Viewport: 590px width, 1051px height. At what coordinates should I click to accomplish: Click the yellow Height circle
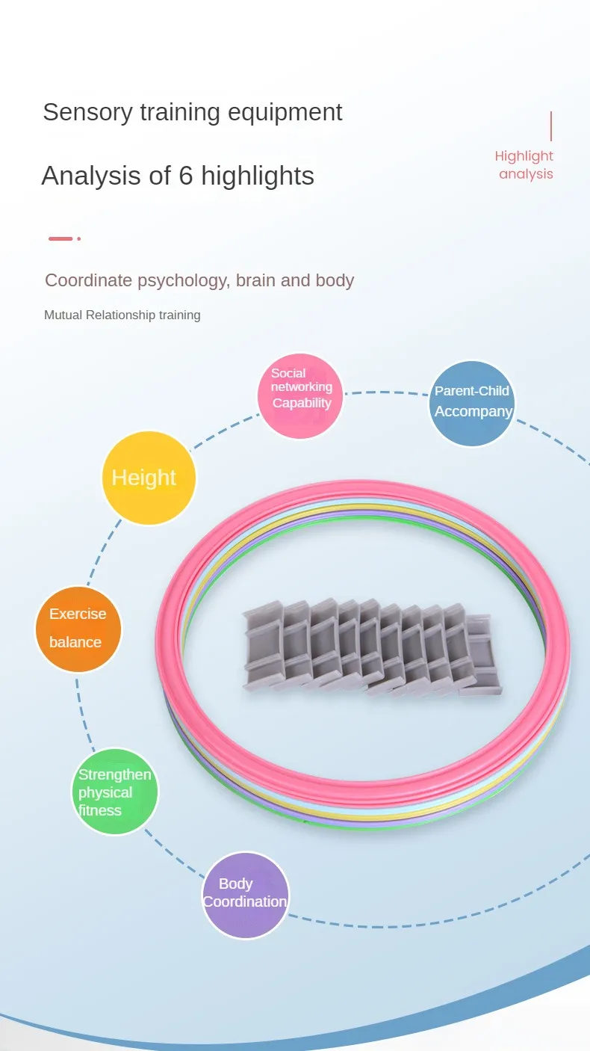[149, 478]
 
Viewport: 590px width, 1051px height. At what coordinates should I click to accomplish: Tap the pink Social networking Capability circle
[300, 396]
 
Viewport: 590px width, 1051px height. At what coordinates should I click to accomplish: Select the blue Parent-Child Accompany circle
[472, 404]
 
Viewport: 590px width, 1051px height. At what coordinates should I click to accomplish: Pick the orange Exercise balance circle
[78, 629]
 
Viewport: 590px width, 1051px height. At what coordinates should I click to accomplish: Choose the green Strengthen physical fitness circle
[115, 792]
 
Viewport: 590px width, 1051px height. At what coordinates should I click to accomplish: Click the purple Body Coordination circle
[246, 896]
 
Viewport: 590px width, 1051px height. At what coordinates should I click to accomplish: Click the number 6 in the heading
[185, 176]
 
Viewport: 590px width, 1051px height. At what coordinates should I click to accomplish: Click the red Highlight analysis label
[524, 164]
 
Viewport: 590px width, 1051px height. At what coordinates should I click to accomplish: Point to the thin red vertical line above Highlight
[551, 126]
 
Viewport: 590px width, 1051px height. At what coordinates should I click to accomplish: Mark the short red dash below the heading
[60, 238]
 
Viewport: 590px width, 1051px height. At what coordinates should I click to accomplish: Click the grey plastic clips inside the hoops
[372, 647]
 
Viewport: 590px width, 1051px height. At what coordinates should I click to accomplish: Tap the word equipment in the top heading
[285, 113]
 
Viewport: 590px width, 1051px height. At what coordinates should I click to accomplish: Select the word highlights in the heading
[258, 176]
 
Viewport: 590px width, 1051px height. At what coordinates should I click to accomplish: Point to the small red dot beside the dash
[78, 238]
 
